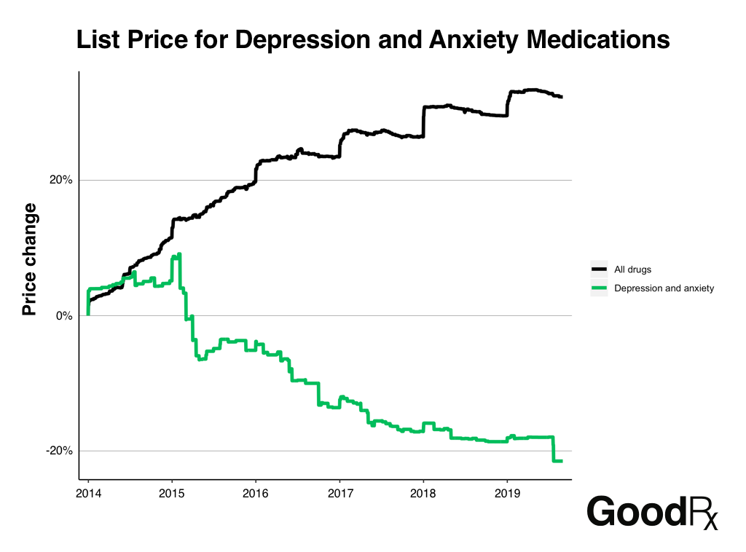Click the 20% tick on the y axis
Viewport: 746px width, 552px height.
[60, 181]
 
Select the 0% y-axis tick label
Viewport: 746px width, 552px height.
[63, 316]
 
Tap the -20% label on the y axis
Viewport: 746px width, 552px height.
[59, 451]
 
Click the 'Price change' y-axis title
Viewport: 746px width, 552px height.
[30, 259]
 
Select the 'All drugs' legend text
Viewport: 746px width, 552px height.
[633, 269]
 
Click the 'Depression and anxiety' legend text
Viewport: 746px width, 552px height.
[664, 288]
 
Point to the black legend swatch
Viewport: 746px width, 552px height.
[599, 269]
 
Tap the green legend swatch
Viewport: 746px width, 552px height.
[599, 288]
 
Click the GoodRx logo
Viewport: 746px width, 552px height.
[653, 512]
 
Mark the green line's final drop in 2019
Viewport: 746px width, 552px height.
[554, 449]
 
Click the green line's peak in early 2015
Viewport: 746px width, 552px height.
[179, 254]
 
